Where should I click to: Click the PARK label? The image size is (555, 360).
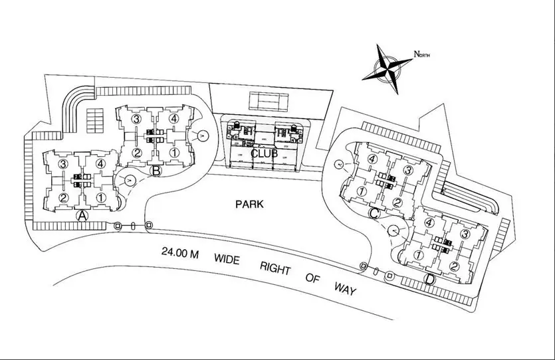coord(249,205)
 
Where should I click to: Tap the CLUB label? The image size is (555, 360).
coord(263,153)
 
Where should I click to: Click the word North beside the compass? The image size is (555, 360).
coord(422,54)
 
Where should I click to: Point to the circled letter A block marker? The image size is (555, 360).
coord(82,215)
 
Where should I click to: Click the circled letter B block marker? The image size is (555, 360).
coord(156,171)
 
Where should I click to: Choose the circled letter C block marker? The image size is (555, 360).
coord(374,213)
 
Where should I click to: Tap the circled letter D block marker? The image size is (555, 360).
coord(431,279)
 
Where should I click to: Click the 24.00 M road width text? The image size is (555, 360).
coord(181,253)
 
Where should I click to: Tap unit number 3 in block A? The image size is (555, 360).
coord(64,163)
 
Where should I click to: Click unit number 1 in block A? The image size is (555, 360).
coord(100,197)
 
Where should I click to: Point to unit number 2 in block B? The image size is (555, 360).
coord(136,153)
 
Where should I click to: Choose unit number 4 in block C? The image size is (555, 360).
coord(373,159)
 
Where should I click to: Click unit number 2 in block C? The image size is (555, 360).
coord(397,202)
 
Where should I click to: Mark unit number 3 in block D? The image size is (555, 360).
coord(465,234)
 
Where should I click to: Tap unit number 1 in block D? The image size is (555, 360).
coord(419,255)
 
